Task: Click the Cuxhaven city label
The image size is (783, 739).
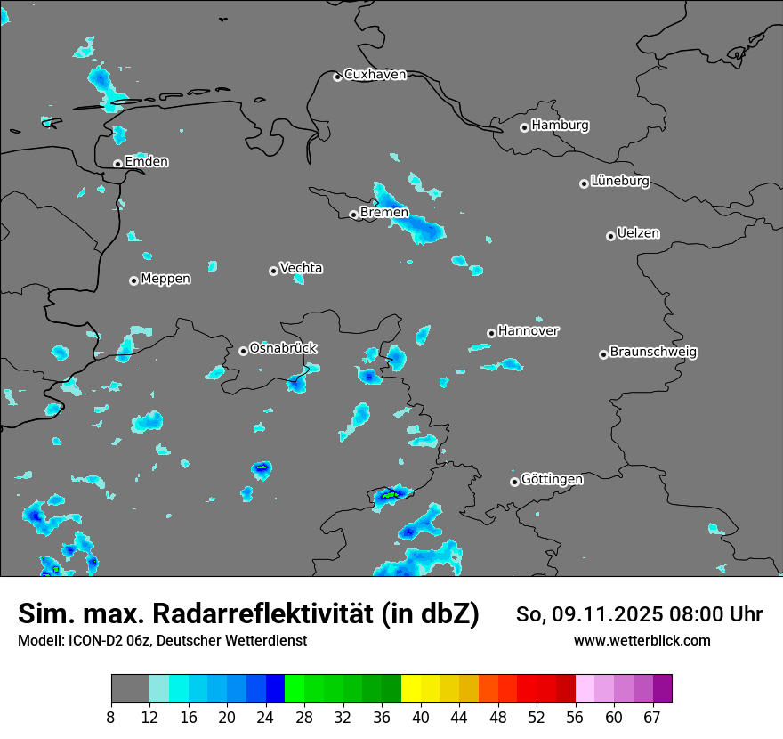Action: [375, 75]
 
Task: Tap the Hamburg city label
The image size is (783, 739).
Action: [560, 126]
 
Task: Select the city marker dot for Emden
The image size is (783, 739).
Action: [117, 164]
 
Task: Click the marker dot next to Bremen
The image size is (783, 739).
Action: [353, 215]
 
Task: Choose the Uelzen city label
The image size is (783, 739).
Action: [638, 234]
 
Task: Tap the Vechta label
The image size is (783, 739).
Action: [301, 269]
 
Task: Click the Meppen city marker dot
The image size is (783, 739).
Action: [133, 280]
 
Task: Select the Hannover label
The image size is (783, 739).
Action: [528, 331]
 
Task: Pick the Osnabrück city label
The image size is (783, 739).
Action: [283, 348]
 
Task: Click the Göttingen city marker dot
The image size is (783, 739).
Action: [514, 482]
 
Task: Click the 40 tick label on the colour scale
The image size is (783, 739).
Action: [421, 716]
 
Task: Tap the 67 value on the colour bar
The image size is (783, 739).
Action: [652, 716]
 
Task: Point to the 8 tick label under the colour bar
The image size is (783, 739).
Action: [111, 716]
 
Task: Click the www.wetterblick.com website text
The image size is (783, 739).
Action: [642, 641]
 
